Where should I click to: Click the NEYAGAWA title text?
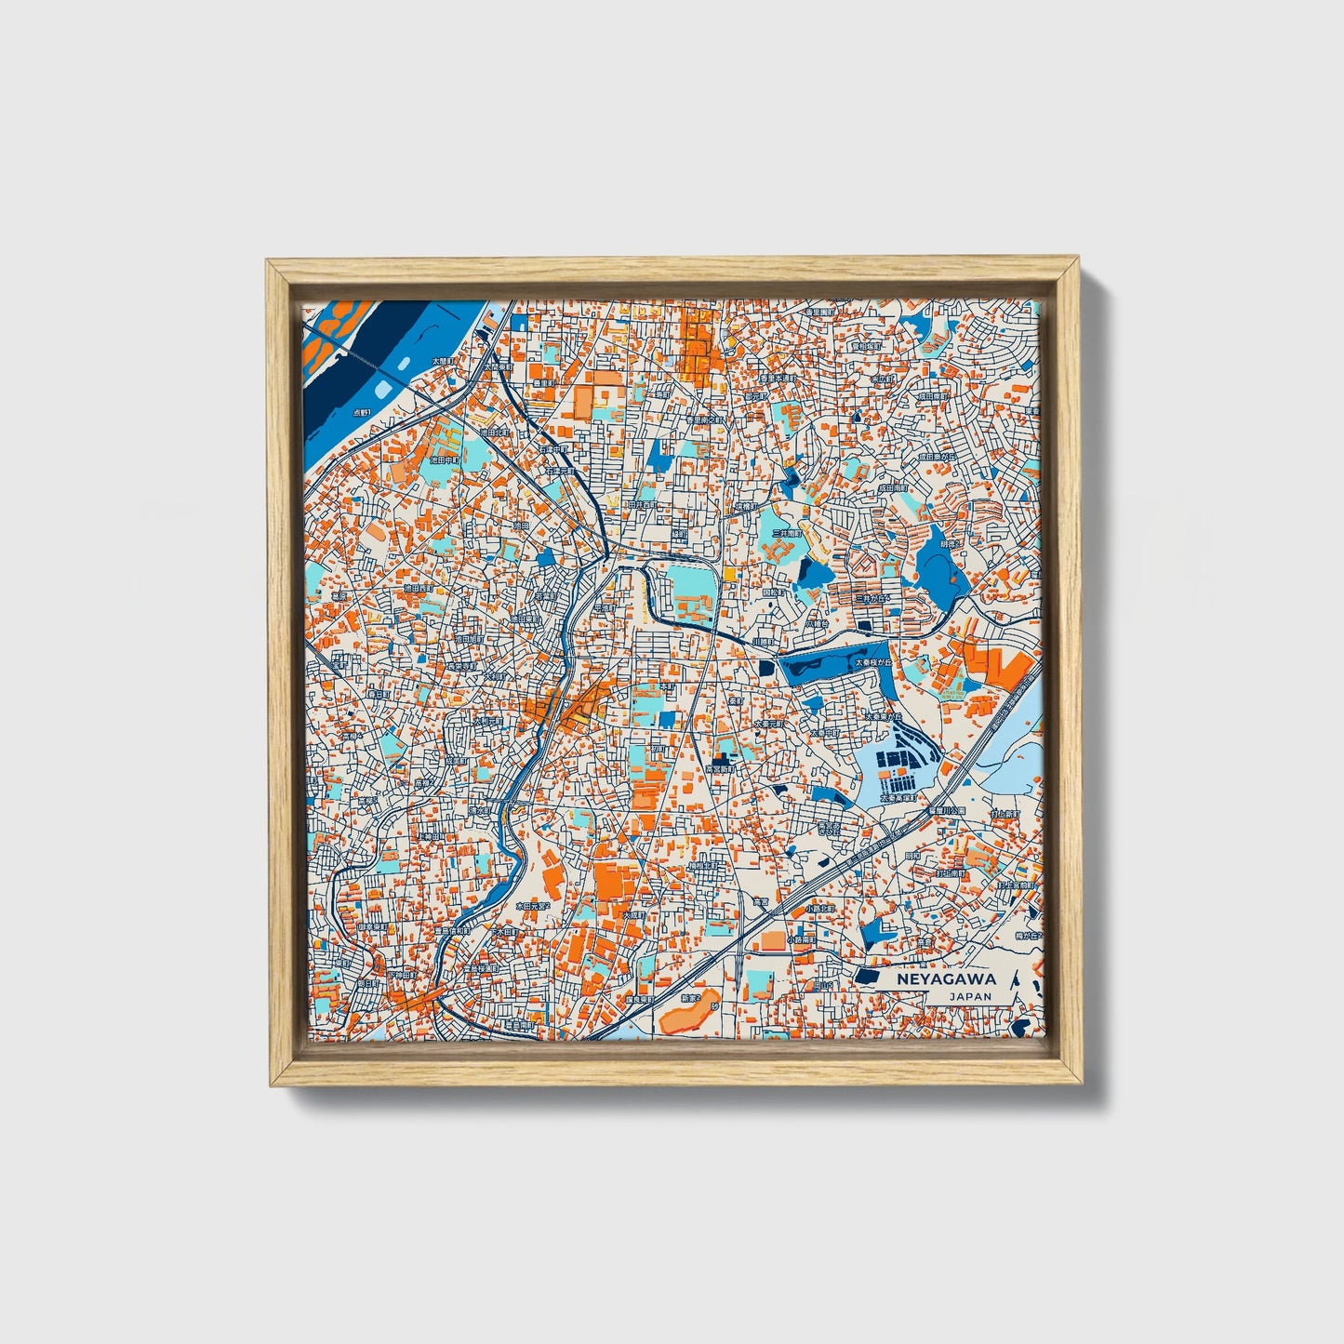click(x=946, y=978)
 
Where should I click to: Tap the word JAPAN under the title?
click(x=970, y=996)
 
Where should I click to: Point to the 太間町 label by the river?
click(x=444, y=361)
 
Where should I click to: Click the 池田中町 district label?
click(x=446, y=459)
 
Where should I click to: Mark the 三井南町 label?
click(x=787, y=534)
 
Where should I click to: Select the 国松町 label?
click(x=774, y=592)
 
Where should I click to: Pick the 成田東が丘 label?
click(x=937, y=458)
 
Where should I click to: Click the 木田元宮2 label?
click(x=533, y=905)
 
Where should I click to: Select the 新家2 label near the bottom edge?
click(x=690, y=998)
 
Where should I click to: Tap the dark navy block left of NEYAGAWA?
click(x=867, y=977)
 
